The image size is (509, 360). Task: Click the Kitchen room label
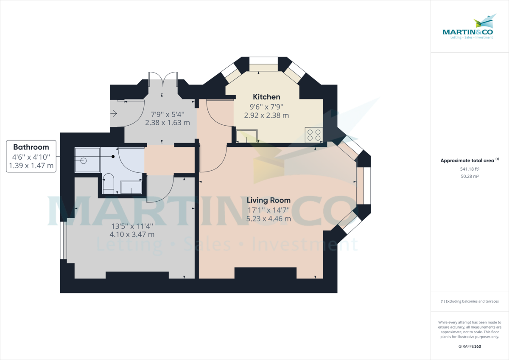click(x=266, y=97)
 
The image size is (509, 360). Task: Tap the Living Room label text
click(x=269, y=200)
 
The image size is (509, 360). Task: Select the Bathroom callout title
click(x=31, y=147)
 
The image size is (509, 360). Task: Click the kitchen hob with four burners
click(x=314, y=135)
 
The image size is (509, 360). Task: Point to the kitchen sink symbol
click(x=247, y=136)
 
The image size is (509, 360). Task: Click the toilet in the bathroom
click(x=108, y=183)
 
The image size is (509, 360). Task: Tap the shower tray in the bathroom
click(x=87, y=160)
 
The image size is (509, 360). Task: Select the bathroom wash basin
click(x=131, y=187)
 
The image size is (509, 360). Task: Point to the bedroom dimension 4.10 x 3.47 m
click(x=131, y=234)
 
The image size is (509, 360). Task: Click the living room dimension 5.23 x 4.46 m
click(x=269, y=219)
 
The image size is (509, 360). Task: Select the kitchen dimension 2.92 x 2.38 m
click(x=266, y=115)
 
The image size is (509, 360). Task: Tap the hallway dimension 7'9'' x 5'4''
click(x=168, y=114)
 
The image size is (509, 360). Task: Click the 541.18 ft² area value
click(x=470, y=169)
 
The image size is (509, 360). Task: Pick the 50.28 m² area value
click(x=470, y=176)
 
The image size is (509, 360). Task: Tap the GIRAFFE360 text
click(x=470, y=346)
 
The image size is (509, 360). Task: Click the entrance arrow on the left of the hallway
click(x=113, y=113)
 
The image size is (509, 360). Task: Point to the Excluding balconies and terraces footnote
click(x=470, y=301)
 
